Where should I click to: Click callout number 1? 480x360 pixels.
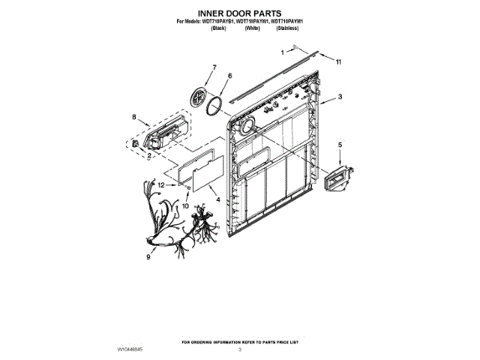click(283, 53)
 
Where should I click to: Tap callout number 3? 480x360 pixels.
click(340, 96)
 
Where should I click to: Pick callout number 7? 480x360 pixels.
click(214, 67)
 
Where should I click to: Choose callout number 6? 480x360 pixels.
click(229, 76)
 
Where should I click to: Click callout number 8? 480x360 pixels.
click(134, 117)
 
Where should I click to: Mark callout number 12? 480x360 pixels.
click(160, 184)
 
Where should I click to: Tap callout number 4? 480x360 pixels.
click(217, 199)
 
